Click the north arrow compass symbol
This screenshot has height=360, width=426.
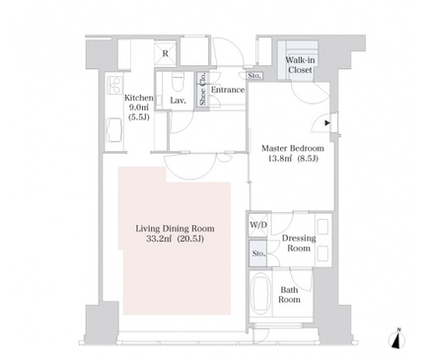coord(397,339)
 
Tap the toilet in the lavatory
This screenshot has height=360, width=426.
coord(178,82)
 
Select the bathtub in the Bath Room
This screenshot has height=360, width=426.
coord(261,293)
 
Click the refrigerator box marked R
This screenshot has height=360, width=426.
coord(165,53)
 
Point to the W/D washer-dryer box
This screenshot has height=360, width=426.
coord(258,225)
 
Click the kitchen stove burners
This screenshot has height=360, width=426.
coord(114,85)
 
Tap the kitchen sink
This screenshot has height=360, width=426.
coord(113,130)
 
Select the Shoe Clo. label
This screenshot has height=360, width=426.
coord(203,89)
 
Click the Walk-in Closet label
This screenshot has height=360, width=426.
coord(300,65)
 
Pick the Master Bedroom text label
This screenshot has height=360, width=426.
coord(293,148)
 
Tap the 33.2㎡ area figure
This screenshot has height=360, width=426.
coord(159,239)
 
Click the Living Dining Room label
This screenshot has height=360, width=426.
coord(175,229)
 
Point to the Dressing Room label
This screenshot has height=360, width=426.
coord(299,243)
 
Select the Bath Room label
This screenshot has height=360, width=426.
coord(289,295)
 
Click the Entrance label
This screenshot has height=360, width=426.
coord(228,90)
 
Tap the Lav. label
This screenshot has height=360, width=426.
coord(178,101)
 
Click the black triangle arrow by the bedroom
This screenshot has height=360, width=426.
coord(327,123)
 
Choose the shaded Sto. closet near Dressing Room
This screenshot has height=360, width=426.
coord(258,253)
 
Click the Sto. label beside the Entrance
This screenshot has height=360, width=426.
coord(254,76)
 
